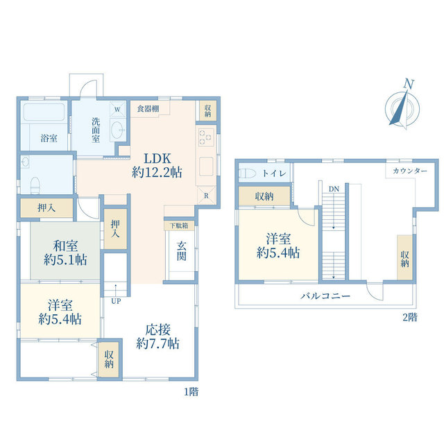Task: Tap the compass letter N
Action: (x=409, y=84)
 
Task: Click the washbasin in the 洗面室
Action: (x=117, y=130)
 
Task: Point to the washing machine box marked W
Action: (x=117, y=110)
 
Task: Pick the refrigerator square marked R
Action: (x=206, y=196)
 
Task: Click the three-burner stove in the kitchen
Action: (x=206, y=137)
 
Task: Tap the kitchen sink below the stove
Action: (x=206, y=166)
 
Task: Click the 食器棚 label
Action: (x=148, y=109)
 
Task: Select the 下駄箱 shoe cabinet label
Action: (x=179, y=225)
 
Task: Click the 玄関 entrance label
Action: (x=182, y=251)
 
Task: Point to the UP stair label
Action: (x=116, y=301)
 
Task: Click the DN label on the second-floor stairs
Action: (x=334, y=189)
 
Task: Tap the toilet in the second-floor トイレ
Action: (x=247, y=173)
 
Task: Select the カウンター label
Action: (x=410, y=171)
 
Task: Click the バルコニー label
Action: (x=325, y=296)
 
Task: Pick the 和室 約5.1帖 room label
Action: (x=65, y=253)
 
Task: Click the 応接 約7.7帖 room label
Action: (x=157, y=336)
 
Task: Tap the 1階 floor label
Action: (x=191, y=392)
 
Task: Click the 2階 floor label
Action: (x=410, y=318)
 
